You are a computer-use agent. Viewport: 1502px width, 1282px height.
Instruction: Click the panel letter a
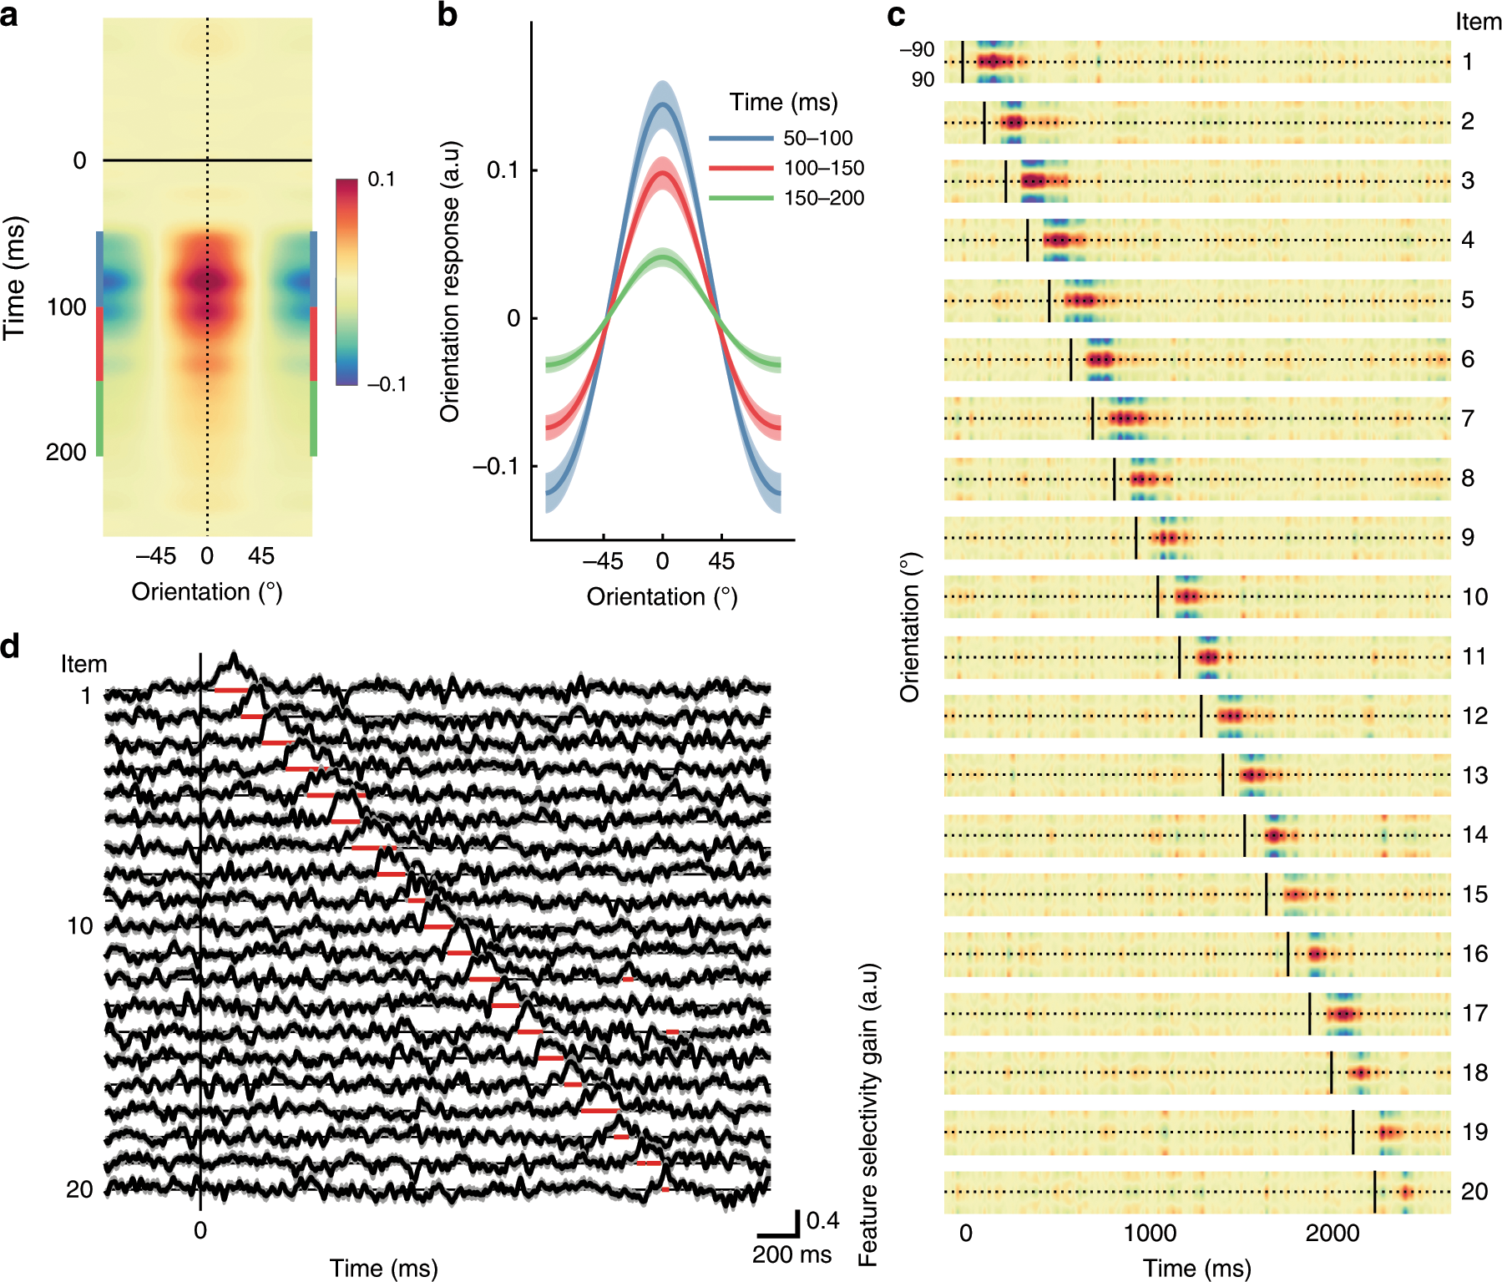10,15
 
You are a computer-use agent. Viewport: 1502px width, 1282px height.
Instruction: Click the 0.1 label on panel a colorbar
381,180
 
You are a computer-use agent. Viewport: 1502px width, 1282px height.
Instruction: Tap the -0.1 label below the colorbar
386,384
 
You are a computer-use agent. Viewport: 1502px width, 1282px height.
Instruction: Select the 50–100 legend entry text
817,139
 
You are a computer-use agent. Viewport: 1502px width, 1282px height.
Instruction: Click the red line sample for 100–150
741,169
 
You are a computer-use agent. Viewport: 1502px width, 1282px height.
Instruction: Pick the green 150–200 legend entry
823,199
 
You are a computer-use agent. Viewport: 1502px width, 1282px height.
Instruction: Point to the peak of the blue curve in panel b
662,104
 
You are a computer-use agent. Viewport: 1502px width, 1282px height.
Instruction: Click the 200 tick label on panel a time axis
66,453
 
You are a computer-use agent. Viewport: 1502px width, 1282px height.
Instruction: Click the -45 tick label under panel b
603,561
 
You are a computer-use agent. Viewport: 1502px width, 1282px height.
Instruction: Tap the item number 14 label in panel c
1474,834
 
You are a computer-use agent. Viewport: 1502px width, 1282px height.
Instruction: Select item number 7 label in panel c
1468,418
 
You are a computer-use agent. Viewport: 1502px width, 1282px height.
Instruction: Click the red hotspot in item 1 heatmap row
989,61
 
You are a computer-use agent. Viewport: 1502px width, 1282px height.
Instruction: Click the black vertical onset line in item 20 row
1374,1192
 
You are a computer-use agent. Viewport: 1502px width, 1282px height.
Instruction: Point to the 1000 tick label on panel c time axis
1150,1234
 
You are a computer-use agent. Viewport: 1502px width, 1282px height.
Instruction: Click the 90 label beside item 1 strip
923,79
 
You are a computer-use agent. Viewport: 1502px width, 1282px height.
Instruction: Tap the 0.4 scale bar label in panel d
822,1221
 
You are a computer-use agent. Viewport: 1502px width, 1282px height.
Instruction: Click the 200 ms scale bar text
791,1254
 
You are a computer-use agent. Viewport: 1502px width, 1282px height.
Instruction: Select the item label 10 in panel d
80,926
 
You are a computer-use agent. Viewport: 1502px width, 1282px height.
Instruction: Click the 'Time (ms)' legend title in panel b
783,103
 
